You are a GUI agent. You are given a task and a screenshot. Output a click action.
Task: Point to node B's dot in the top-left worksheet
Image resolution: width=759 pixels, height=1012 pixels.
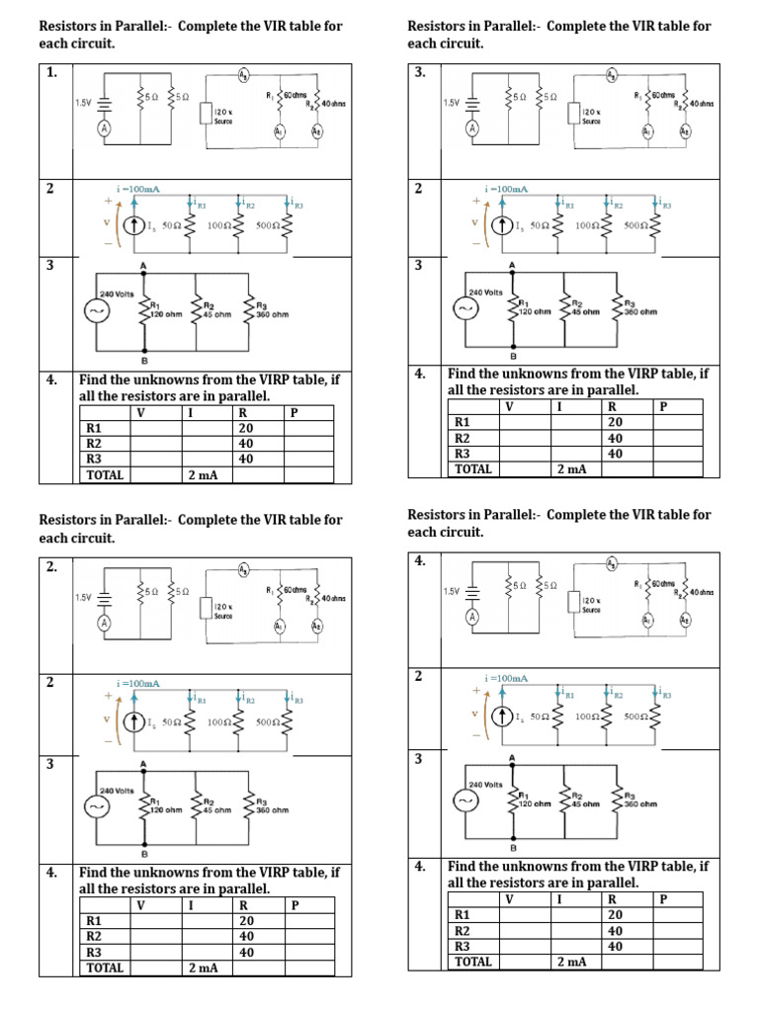146,349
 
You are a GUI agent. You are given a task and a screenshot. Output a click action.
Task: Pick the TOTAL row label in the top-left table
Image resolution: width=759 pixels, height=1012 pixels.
106,474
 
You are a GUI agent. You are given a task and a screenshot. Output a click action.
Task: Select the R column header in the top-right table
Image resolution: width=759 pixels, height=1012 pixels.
613,405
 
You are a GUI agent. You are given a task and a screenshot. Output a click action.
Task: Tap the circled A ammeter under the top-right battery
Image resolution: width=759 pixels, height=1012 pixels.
472,128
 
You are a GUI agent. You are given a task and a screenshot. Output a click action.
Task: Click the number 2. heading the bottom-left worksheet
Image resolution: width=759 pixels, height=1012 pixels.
51,567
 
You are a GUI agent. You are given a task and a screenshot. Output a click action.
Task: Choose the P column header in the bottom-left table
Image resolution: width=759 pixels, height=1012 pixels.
295,905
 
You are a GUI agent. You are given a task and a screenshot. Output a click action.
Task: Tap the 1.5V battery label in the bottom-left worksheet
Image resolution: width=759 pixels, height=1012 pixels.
84,597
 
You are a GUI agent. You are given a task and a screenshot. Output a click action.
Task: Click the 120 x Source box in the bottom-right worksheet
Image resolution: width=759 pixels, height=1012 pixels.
590,604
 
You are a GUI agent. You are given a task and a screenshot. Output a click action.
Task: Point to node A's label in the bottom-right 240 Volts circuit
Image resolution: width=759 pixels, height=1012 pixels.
512,757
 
